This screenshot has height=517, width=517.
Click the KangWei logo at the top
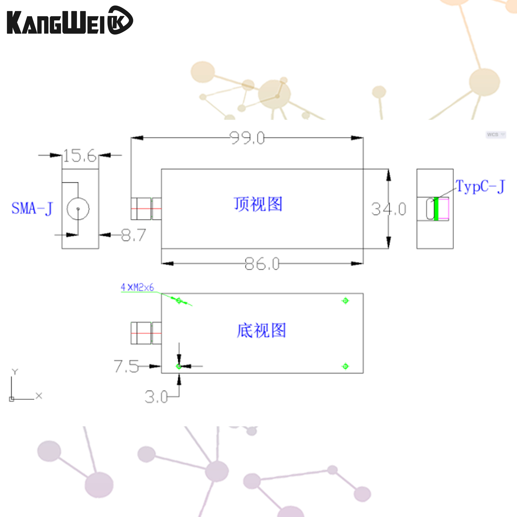pyautogui.click(x=70, y=20)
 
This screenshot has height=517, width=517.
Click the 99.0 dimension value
pyautogui.click(x=247, y=138)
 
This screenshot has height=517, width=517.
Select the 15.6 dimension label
pyautogui.click(x=80, y=156)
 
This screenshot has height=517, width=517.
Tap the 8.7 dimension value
pyautogui.click(x=133, y=235)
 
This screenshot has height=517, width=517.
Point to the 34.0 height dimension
pyautogui.click(x=389, y=209)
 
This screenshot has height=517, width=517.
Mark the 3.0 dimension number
pyautogui.click(x=156, y=397)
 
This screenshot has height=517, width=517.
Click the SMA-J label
pyautogui.click(x=32, y=208)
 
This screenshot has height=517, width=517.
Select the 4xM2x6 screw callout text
pyautogui.click(x=137, y=287)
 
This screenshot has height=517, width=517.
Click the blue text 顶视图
pyautogui.click(x=258, y=204)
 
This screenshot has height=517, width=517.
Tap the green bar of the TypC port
pyautogui.click(x=436, y=209)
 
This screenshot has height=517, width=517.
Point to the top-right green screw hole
pyautogui.click(x=345, y=301)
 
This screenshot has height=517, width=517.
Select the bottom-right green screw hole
pyautogui.click(x=345, y=366)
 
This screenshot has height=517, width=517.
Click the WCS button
pyautogui.click(x=496, y=134)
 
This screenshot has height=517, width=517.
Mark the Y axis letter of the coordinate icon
pyautogui.click(x=15, y=372)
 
